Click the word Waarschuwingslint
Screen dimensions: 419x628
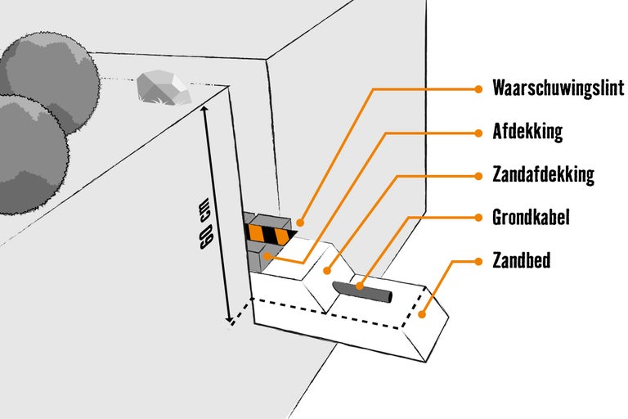(558, 88)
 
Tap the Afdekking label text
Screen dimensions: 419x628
(527, 132)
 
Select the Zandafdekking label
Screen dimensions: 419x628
(543, 175)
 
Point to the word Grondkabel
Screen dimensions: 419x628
(531, 218)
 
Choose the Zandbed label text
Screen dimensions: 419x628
(521, 261)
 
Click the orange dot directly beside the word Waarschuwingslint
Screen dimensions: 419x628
(478, 88)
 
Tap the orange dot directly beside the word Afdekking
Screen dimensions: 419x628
(478, 132)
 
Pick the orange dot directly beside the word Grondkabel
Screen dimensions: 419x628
(478, 218)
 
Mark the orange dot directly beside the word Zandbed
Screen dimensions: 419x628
(478, 261)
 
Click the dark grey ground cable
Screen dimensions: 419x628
(364, 291)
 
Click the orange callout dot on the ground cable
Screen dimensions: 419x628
(358, 286)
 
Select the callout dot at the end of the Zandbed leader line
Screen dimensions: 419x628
(423, 313)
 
